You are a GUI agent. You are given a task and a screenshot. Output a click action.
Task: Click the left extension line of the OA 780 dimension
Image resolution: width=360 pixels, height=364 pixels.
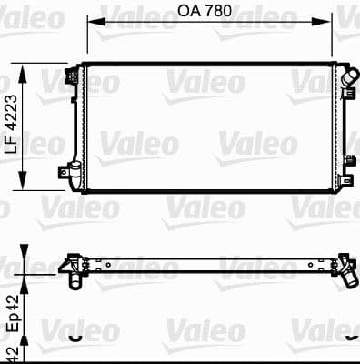point(88,41)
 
